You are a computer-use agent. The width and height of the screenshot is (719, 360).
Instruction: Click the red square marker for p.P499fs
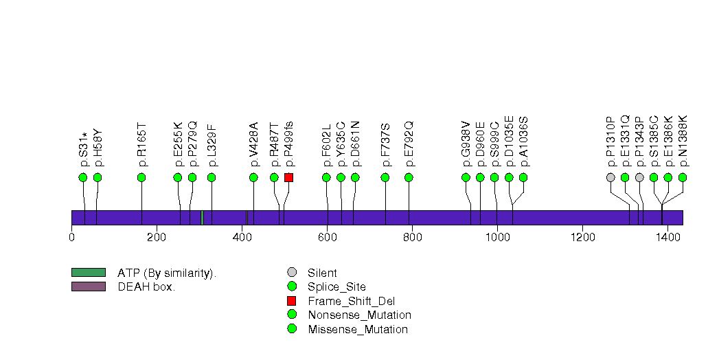pyautogui.click(x=289, y=177)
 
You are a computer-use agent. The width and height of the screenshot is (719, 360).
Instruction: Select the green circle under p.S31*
pyautogui.click(x=83, y=177)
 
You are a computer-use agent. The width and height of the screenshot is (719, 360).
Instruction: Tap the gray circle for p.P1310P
pyautogui.click(x=610, y=177)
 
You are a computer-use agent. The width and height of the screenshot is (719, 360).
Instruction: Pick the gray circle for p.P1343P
pyautogui.click(x=639, y=177)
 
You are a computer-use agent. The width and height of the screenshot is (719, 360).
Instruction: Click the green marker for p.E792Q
pyautogui.click(x=409, y=177)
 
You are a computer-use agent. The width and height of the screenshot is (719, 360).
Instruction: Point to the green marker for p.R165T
pyautogui.click(x=141, y=177)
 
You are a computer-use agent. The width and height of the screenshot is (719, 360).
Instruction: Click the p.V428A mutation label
pyautogui.click(x=254, y=144)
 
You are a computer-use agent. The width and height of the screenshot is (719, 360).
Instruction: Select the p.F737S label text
pyautogui.click(x=386, y=144)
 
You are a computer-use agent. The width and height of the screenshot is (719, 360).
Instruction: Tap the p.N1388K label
pyautogui.click(x=683, y=141)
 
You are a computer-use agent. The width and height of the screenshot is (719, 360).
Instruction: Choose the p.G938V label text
pyautogui.click(x=466, y=144)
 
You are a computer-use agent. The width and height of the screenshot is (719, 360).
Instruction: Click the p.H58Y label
pyautogui.click(x=98, y=148)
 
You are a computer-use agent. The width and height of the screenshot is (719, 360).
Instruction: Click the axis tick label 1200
pyautogui.click(x=582, y=238)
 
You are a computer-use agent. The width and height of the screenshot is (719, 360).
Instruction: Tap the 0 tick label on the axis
pyautogui.click(x=71, y=238)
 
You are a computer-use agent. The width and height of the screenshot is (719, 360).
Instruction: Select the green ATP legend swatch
pyautogui.click(x=88, y=273)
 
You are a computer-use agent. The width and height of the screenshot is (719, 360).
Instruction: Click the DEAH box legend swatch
pyautogui.click(x=88, y=286)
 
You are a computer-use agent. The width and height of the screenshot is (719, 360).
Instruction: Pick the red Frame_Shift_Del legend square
pyautogui.click(x=291, y=301)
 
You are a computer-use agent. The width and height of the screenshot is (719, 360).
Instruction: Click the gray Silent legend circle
pyautogui.click(x=291, y=273)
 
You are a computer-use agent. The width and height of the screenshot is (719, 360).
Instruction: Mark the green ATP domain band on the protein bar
pyautogui.click(x=202, y=217)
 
